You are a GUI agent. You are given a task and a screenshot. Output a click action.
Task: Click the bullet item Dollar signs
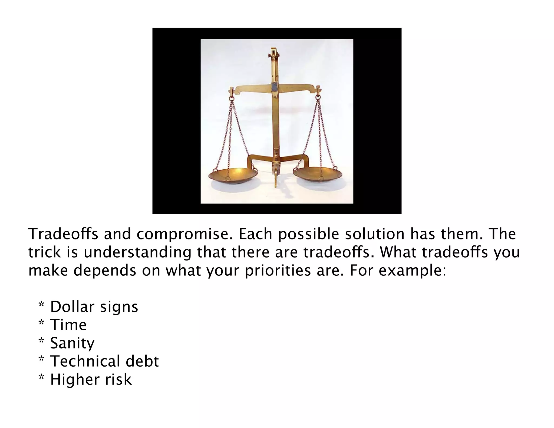94,307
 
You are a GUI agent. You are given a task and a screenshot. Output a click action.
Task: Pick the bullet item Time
68,325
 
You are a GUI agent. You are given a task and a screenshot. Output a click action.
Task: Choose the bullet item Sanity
72,343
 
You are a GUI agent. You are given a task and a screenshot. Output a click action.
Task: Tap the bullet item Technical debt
104,361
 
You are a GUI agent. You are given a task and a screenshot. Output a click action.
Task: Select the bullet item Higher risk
91,379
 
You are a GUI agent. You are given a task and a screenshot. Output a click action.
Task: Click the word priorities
278,271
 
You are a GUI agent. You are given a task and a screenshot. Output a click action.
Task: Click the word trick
45,252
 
